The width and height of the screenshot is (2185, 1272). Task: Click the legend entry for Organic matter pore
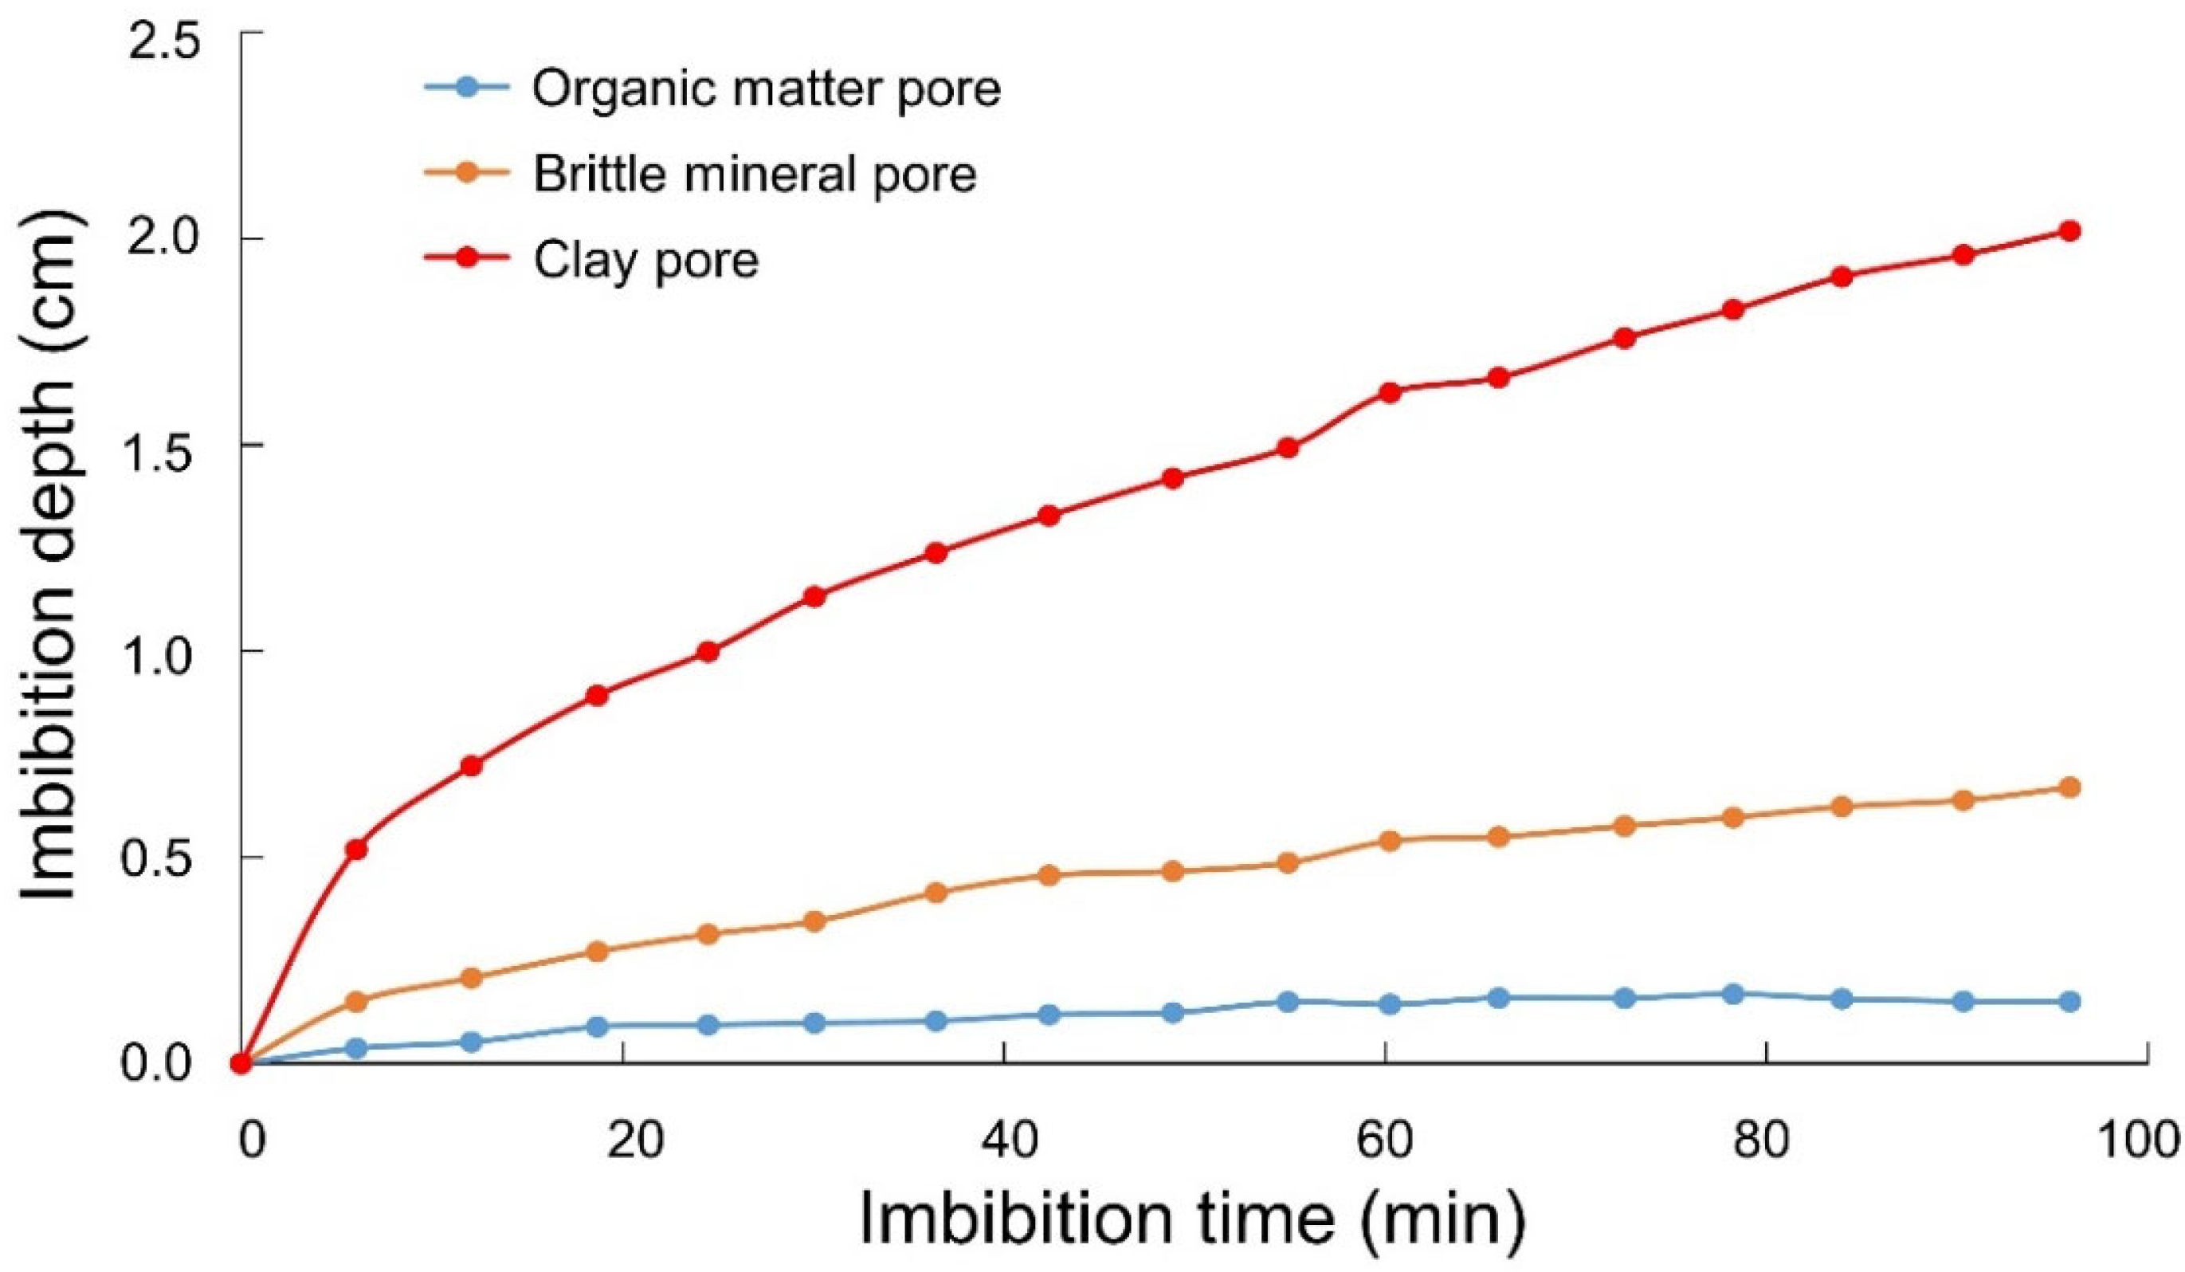[767, 88]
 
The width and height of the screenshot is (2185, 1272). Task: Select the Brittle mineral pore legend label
[755, 174]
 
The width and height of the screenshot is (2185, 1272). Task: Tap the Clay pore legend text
[646, 259]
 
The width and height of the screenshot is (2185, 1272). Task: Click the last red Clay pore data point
[2069, 230]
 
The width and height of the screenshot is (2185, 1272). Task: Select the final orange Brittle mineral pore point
[2069, 787]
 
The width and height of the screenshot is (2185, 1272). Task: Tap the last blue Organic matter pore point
[2069, 1002]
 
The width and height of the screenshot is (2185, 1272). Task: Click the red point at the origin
[242, 1063]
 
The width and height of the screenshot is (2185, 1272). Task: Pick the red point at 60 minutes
[1390, 392]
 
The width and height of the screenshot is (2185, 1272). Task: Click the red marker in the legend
[467, 258]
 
